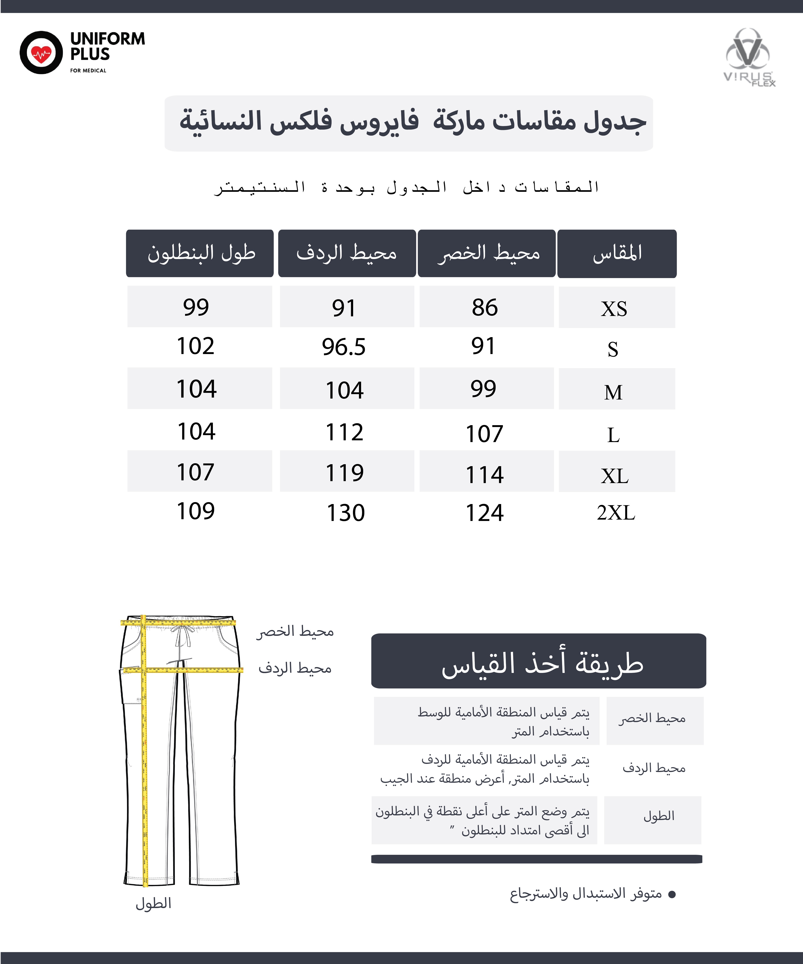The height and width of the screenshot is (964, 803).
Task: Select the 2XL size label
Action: click(616, 512)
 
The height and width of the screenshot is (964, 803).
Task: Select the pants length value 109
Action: click(196, 511)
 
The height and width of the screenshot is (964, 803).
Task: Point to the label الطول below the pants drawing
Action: click(153, 903)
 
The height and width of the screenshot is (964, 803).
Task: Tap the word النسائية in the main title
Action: click(220, 121)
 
